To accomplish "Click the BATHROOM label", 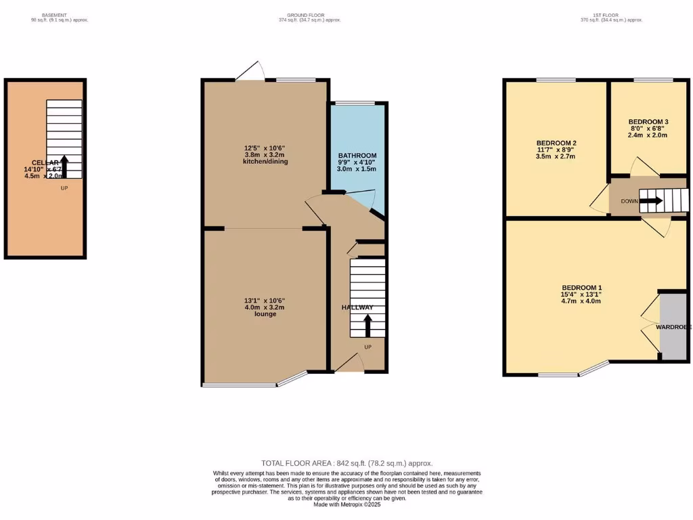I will (357, 156).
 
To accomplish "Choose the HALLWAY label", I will (357, 307).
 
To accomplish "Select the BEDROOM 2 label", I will (556, 143).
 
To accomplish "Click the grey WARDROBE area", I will (673, 327).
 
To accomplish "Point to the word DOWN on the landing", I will (629, 201).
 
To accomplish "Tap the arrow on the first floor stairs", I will (652, 201).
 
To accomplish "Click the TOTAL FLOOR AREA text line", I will (346, 463).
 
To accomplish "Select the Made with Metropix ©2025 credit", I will (346, 504).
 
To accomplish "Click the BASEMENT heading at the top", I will (54, 14).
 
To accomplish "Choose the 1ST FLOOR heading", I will (610, 14).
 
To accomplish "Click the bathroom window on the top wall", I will (355, 103).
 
